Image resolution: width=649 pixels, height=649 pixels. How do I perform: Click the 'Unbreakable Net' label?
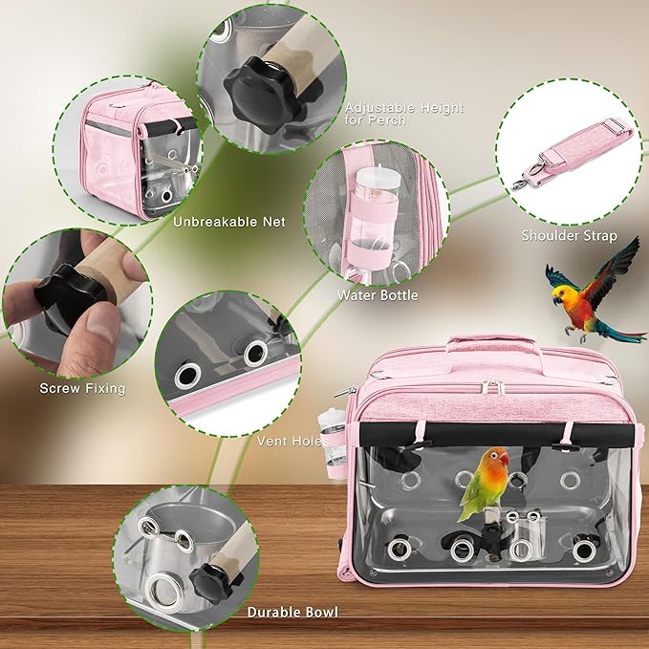pyautogui.click(x=229, y=222)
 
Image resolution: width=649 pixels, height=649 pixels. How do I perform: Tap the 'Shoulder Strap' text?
pyautogui.click(x=569, y=235)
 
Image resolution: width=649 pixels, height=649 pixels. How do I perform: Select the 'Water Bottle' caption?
pyautogui.click(x=378, y=295)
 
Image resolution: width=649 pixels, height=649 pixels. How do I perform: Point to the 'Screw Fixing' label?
pyautogui.click(x=82, y=388)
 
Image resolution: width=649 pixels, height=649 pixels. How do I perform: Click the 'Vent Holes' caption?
pyautogui.click(x=292, y=441)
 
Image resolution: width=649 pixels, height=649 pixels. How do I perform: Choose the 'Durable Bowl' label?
pyautogui.click(x=292, y=612)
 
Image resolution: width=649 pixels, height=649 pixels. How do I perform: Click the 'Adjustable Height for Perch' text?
pyautogui.click(x=404, y=115)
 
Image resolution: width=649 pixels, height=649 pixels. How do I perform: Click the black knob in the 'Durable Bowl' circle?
pyautogui.click(x=207, y=577)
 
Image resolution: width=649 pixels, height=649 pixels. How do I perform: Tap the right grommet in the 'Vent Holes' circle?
pyautogui.click(x=256, y=355)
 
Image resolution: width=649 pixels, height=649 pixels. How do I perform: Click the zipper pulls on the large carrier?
pyautogui.click(x=493, y=386)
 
